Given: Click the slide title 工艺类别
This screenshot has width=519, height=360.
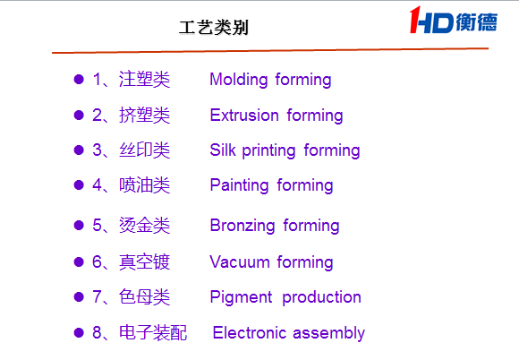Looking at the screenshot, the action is (x=214, y=28).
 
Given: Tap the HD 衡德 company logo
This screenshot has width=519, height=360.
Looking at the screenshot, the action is (x=454, y=21).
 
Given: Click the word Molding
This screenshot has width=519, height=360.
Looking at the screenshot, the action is (x=239, y=80).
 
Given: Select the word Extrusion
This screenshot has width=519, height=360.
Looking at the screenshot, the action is (x=244, y=116).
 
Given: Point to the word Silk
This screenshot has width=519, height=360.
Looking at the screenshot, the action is (x=223, y=150).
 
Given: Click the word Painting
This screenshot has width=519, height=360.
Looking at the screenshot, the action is (x=239, y=185).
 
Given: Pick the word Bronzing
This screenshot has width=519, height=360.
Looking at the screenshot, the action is (x=242, y=226).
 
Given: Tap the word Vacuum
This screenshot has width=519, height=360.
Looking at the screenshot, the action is (x=240, y=262).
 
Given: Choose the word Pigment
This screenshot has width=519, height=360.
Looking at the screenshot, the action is (x=241, y=297).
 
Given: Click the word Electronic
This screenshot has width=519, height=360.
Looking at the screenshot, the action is (x=250, y=332).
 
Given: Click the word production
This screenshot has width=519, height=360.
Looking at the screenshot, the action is (x=321, y=297).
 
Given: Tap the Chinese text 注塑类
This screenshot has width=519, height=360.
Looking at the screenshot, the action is (x=144, y=80).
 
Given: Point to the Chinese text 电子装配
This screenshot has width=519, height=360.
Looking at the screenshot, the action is (x=153, y=332).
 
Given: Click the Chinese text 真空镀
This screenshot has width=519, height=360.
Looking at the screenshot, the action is (x=144, y=262).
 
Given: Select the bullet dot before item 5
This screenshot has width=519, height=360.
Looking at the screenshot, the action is (x=79, y=225).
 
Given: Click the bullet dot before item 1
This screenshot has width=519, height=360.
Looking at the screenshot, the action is (x=79, y=80).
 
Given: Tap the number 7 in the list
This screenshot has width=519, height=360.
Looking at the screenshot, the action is (x=97, y=296).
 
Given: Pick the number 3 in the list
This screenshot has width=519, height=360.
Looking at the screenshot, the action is (x=97, y=150).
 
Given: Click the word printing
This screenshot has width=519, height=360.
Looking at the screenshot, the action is (x=268, y=151).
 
